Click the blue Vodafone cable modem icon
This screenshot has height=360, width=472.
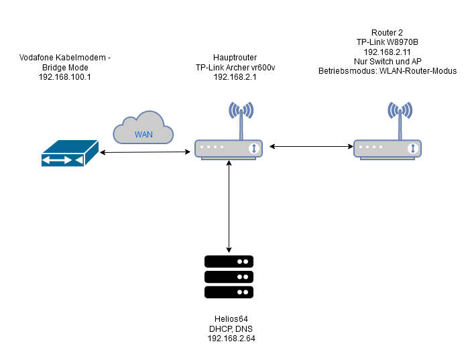pyautogui.click(x=67, y=154)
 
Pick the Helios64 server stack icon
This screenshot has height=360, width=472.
pyautogui.click(x=229, y=276)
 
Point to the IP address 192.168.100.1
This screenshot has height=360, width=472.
pyautogui.click(x=65, y=78)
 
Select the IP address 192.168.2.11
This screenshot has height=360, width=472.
pyautogui.click(x=387, y=51)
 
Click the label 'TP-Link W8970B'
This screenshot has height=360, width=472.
pyautogui.click(x=387, y=42)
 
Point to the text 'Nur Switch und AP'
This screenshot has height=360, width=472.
pyautogui.click(x=387, y=60)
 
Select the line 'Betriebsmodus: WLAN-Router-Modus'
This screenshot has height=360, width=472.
pyautogui.click(x=387, y=70)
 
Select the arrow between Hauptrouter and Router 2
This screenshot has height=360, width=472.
pyautogui.click(x=309, y=145)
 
